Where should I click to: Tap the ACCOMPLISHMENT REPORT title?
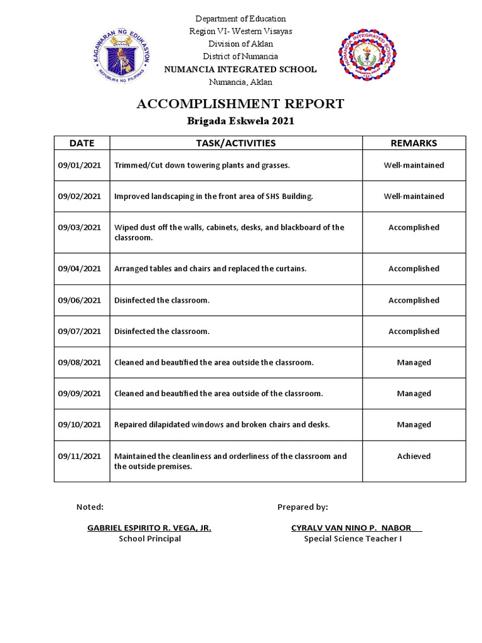[240, 104]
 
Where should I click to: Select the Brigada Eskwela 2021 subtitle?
[240, 122]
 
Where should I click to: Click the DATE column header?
[82, 143]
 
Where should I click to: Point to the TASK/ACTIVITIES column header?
[236, 143]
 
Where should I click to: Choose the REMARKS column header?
[414, 143]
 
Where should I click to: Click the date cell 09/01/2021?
[79, 165]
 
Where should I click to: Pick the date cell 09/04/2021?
[79, 269]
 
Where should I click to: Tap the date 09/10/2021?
[79, 425]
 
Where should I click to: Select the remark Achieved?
[414, 457]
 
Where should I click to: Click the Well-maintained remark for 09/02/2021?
[414, 197]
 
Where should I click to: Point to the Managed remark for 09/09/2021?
[414, 394]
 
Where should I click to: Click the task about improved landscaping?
[213, 197]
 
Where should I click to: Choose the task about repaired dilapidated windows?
[222, 425]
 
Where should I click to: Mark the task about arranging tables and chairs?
[210, 269]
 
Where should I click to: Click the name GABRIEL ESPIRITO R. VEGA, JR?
[149, 528]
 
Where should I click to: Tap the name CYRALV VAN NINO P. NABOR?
[355, 528]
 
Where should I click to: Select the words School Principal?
[149, 539]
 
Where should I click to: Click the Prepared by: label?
[303, 507]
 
